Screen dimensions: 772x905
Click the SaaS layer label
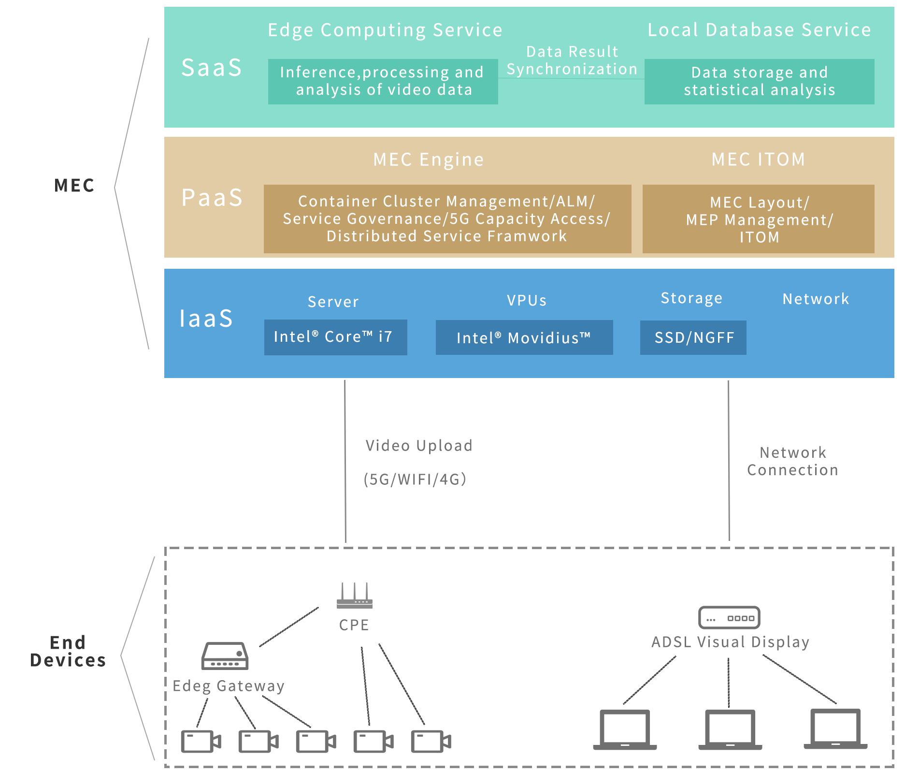click(x=212, y=68)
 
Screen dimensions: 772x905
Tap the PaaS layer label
click(x=212, y=197)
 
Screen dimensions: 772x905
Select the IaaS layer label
click(x=206, y=319)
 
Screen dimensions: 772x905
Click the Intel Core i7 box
click(x=335, y=337)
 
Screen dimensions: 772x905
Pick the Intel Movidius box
click(x=524, y=337)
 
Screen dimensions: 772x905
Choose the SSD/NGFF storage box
click(x=693, y=337)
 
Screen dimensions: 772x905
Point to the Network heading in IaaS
click(x=816, y=299)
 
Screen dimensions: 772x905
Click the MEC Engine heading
click(x=428, y=160)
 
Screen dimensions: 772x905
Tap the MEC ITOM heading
click(x=758, y=160)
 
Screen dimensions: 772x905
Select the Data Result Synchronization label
click(x=572, y=60)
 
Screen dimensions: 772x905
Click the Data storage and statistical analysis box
click(x=759, y=81)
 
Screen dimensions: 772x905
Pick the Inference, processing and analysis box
click(x=383, y=81)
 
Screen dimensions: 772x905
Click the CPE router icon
click(x=355, y=597)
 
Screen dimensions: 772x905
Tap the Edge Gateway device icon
click(x=225, y=656)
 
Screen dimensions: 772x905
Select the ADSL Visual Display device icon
click(x=729, y=617)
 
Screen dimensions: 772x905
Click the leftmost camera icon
click(x=200, y=741)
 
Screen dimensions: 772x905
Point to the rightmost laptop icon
click(x=835, y=729)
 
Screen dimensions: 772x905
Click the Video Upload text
click(x=418, y=446)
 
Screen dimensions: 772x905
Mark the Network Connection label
click(x=792, y=461)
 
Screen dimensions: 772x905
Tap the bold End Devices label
click(x=68, y=651)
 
